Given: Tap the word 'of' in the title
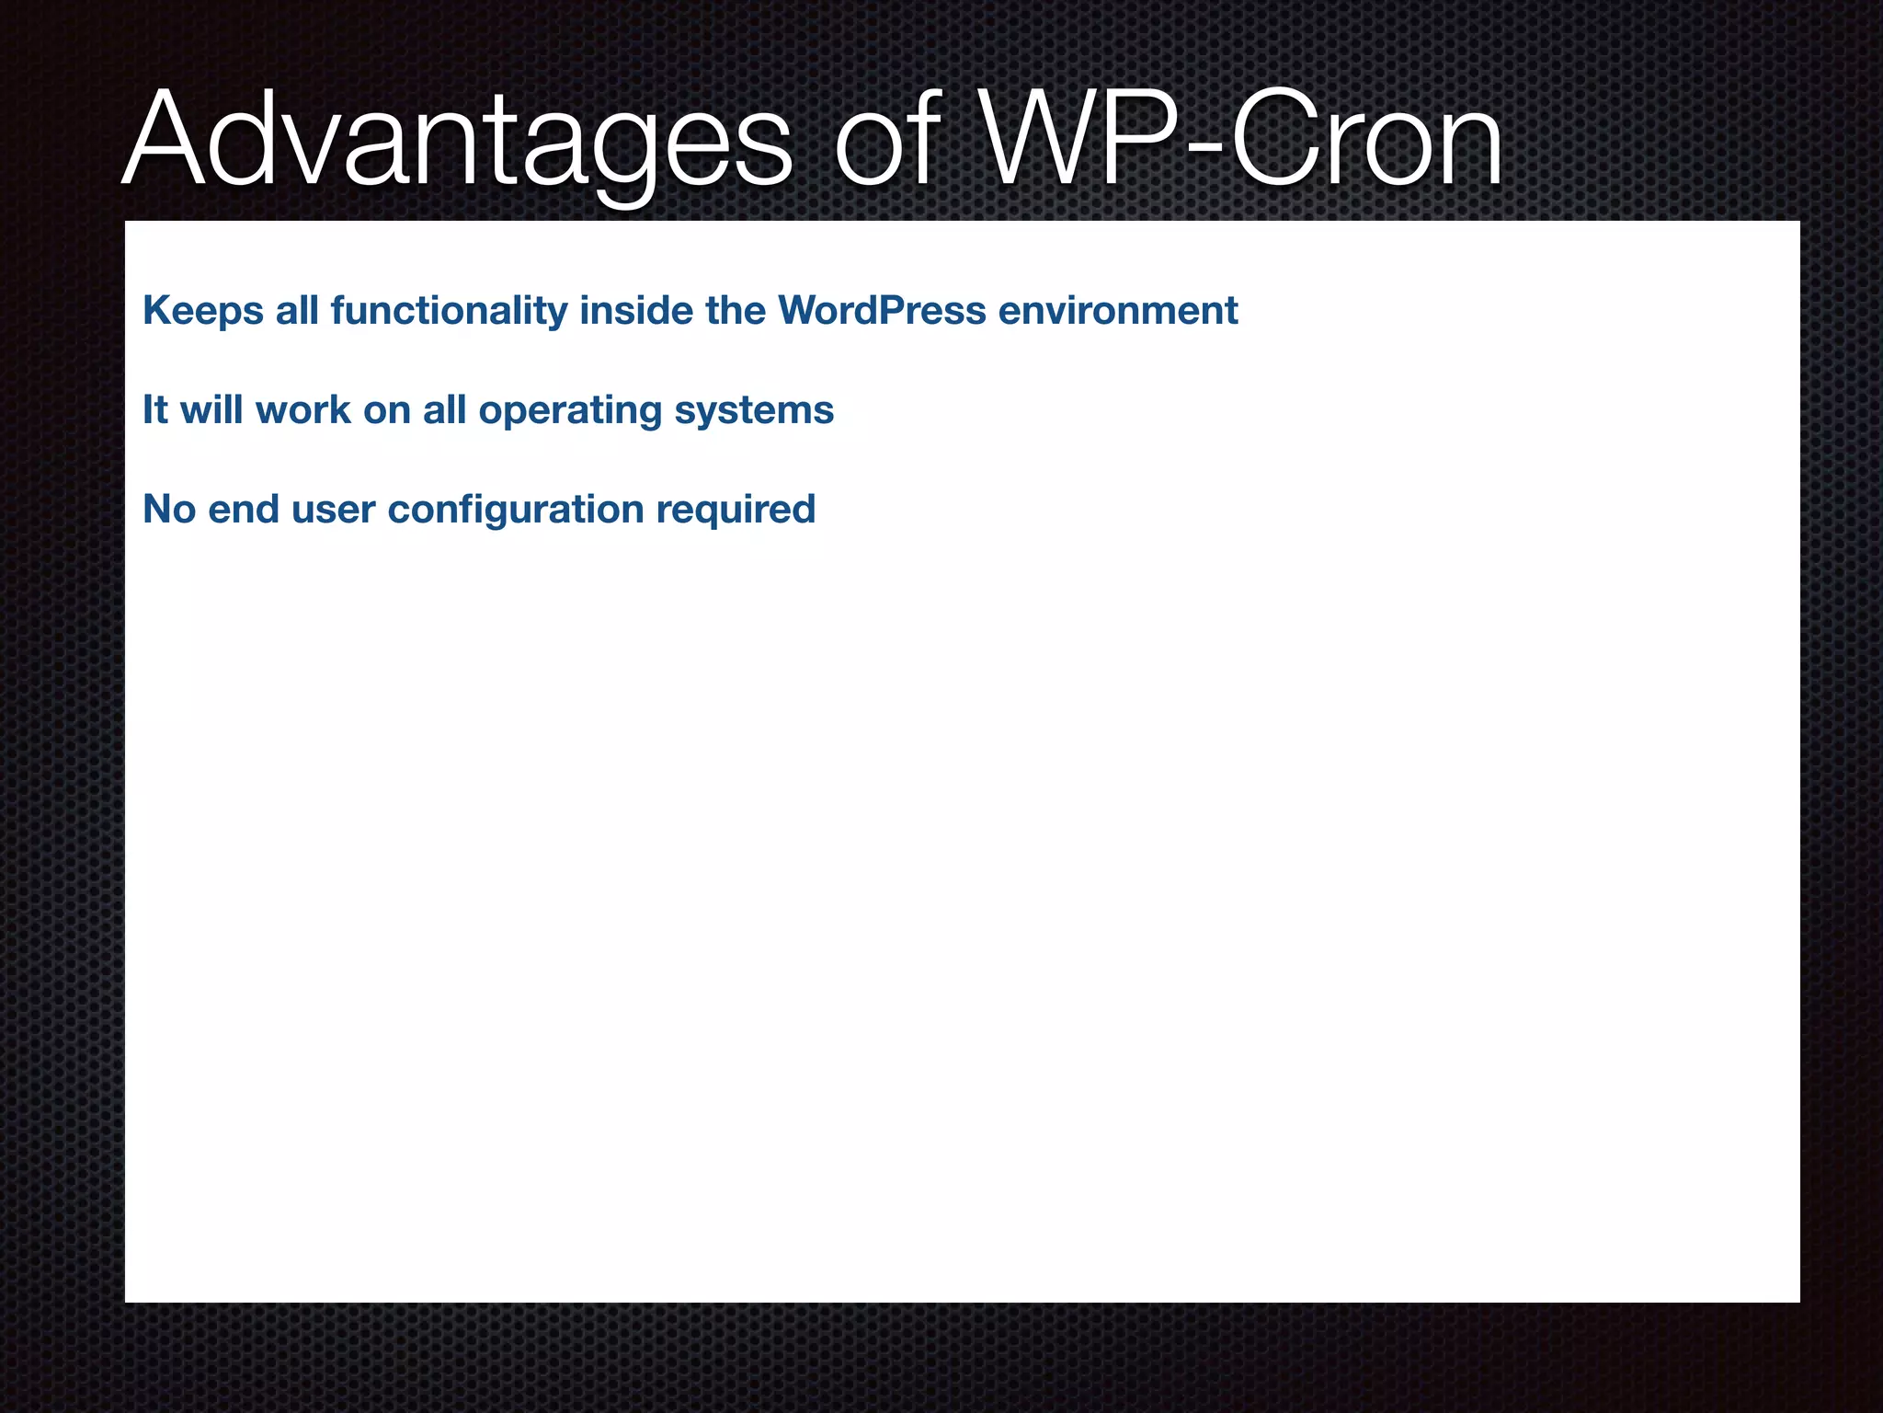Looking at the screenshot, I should [886, 140].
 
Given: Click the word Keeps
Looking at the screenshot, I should [203, 311].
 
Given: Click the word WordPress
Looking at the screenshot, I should [882, 311].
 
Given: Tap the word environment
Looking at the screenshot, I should [1118, 311].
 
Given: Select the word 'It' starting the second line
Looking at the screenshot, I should [155, 410].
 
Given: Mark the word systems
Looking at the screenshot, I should [754, 410].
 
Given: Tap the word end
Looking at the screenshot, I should [244, 510].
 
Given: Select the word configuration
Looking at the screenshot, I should [516, 510].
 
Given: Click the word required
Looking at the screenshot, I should [736, 510].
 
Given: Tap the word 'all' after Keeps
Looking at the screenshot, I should [297, 311].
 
